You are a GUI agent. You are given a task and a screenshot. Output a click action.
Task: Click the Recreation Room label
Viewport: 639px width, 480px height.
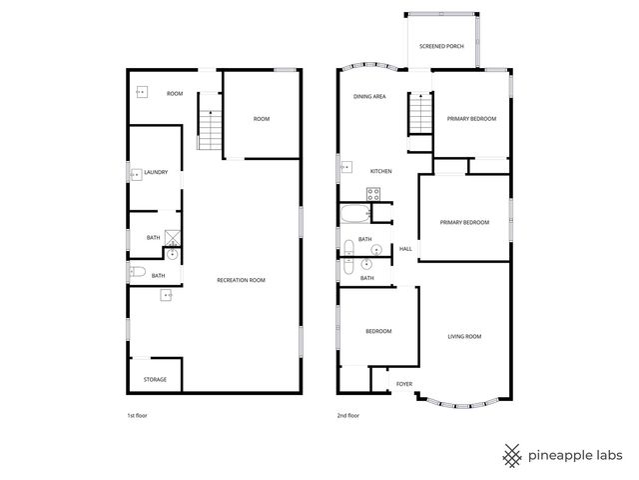(x=241, y=280)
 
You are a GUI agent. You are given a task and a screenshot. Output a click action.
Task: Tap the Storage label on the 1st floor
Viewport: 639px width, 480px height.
(x=155, y=380)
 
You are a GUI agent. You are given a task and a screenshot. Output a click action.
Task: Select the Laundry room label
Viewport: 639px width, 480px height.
(x=156, y=172)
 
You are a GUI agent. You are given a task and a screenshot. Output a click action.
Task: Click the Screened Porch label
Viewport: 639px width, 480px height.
(x=441, y=46)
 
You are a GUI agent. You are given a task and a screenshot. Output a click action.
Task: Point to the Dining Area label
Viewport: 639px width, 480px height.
(x=369, y=97)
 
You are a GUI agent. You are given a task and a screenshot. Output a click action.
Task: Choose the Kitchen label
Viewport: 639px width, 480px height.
(x=380, y=172)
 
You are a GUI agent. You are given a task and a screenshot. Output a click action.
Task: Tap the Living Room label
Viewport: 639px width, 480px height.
(x=463, y=337)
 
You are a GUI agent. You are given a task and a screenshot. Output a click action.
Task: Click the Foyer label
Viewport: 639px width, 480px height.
(x=404, y=384)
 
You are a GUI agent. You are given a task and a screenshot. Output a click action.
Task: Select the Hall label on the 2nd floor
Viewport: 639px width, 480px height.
(x=405, y=249)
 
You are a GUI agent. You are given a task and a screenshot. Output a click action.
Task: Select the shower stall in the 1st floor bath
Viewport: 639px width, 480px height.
(x=172, y=238)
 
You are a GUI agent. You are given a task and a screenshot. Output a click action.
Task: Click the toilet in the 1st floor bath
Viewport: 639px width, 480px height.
(x=139, y=271)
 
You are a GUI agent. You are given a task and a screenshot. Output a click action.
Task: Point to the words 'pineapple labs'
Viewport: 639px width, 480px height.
(x=577, y=456)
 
